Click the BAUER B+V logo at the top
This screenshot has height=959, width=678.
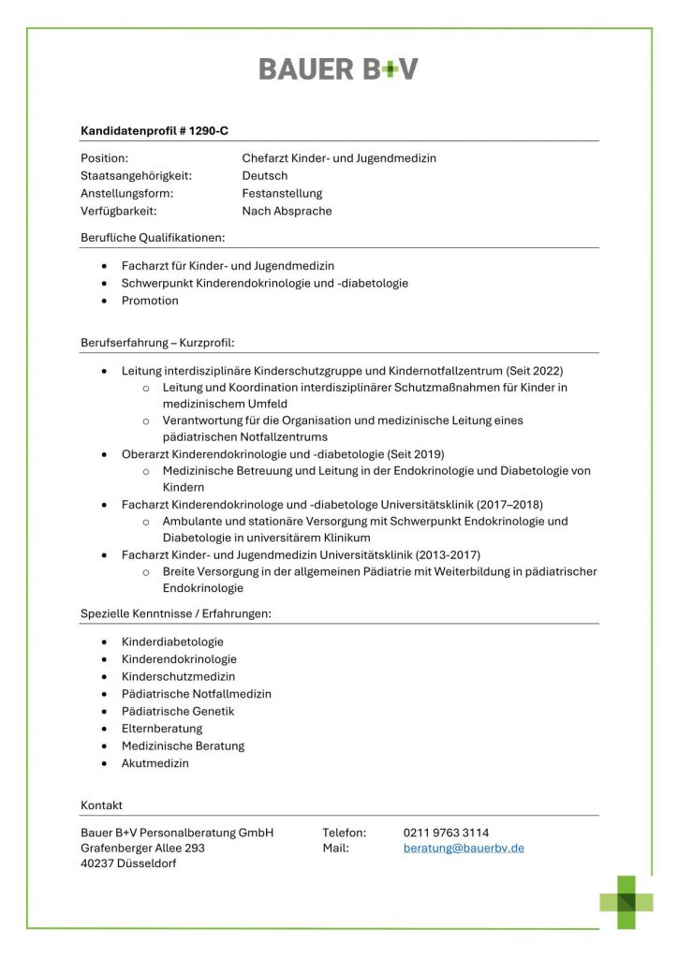tap(338, 68)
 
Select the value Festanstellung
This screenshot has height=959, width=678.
tap(282, 193)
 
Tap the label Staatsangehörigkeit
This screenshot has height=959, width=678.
tap(136, 175)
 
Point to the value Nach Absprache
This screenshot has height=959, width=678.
tap(287, 211)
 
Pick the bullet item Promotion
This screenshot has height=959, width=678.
tap(150, 301)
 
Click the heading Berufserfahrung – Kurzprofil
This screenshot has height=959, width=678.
tap(164, 343)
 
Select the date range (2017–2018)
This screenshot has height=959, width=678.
tap(510, 505)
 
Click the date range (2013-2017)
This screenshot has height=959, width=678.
tap(448, 555)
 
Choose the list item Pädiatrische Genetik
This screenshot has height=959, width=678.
tap(178, 711)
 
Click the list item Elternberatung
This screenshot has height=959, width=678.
tap(162, 729)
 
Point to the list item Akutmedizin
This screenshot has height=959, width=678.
tap(155, 763)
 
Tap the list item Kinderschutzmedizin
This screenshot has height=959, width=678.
tap(178, 676)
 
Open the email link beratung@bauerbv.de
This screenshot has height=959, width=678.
tap(464, 848)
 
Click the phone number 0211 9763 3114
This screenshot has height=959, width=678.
tap(446, 832)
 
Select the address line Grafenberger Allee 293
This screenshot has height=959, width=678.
tap(142, 848)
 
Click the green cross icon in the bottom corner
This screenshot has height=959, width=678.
tap(626, 902)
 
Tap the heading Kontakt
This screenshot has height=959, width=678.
tap(101, 805)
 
